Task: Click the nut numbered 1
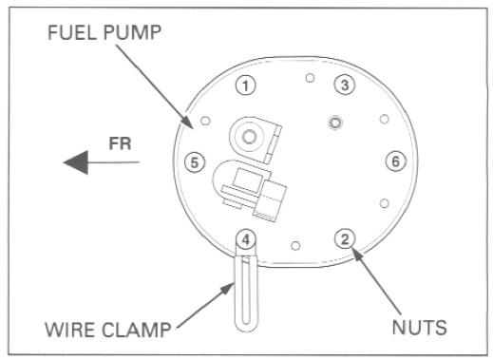pyautogui.click(x=246, y=85)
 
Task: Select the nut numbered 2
pyautogui.click(x=345, y=238)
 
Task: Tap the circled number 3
pyautogui.click(x=345, y=85)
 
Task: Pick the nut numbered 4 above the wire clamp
pyautogui.click(x=246, y=239)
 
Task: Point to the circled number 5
pyautogui.click(x=195, y=162)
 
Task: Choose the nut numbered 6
pyautogui.click(x=396, y=161)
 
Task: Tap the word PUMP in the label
pyautogui.click(x=132, y=32)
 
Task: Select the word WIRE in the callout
pyautogui.click(x=70, y=330)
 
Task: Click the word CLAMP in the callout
pyautogui.click(x=137, y=330)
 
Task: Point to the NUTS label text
pyautogui.click(x=419, y=327)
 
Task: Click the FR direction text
pyautogui.click(x=120, y=143)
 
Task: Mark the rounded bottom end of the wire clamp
pyautogui.click(x=246, y=329)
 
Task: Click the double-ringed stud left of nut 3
pyautogui.click(x=335, y=123)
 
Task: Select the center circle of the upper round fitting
pyautogui.click(x=249, y=137)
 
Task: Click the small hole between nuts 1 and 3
pyautogui.click(x=310, y=78)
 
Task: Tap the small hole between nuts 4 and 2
pyautogui.click(x=295, y=245)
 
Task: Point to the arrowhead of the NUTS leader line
pyautogui.click(x=357, y=255)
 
